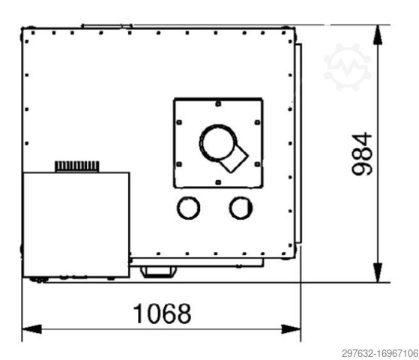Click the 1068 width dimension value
[162, 313]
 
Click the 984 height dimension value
[362, 154]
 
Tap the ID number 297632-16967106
[380, 353]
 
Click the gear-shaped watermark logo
[347, 67]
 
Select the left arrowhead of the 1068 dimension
[31, 329]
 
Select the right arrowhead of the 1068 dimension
[292, 329]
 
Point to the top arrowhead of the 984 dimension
[378, 34]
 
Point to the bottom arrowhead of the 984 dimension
[378, 272]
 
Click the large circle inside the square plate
[218, 143]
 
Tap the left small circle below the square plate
[188, 208]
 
